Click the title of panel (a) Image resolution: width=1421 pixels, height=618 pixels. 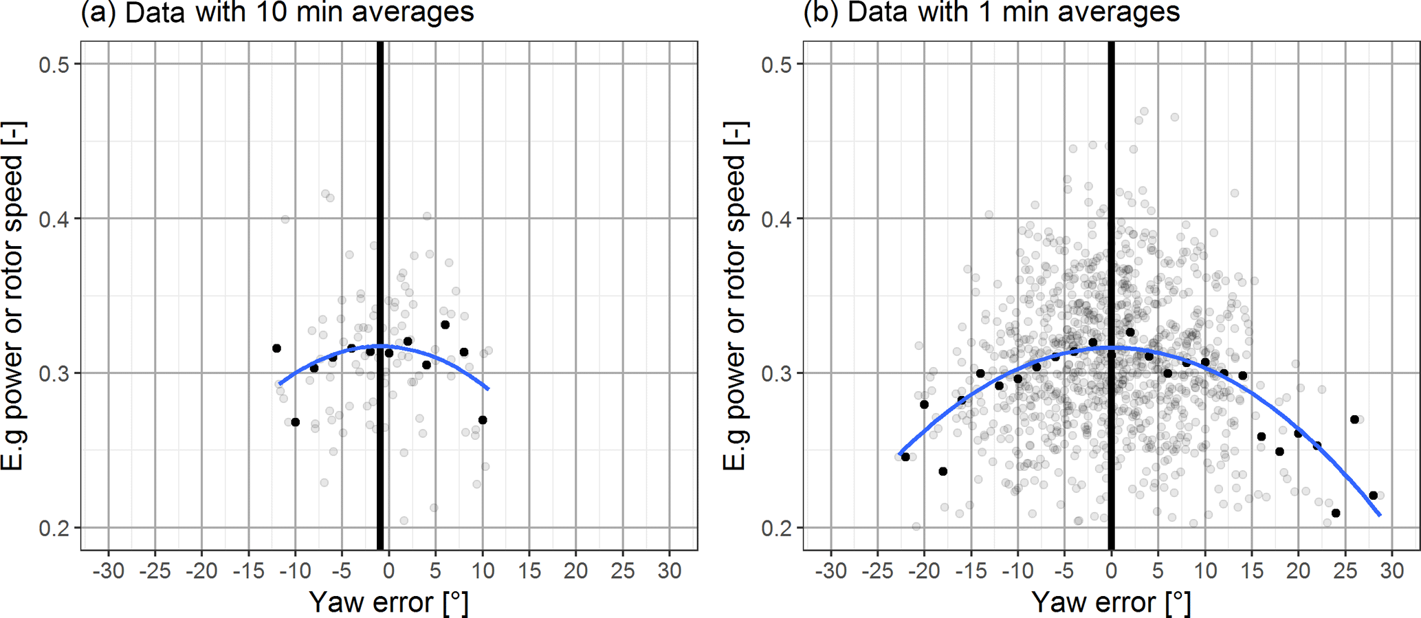[277, 12]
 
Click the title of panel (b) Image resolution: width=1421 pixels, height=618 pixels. [991, 12]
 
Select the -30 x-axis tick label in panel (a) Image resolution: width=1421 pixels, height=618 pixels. [108, 571]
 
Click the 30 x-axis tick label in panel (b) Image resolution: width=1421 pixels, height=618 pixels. [1392, 571]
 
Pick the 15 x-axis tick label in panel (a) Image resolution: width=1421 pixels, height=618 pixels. [529, 571]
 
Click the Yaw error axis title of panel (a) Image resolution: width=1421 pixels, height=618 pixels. [389, 602]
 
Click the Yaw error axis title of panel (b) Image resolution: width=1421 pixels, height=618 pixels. [1112, 602]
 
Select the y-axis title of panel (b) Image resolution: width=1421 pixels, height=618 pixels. [735, 296]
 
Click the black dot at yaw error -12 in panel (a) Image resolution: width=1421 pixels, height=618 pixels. [276, 349]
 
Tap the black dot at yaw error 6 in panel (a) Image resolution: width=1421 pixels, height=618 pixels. [445, 324]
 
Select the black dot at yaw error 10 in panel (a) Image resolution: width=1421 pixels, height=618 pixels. [483, 420]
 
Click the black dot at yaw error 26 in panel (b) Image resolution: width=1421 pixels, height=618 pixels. [1354, 419]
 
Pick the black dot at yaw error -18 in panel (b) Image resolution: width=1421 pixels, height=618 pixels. [943, 472]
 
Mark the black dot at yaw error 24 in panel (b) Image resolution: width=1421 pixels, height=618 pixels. [1336, 514]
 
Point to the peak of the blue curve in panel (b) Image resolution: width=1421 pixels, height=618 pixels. [1112, 347]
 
